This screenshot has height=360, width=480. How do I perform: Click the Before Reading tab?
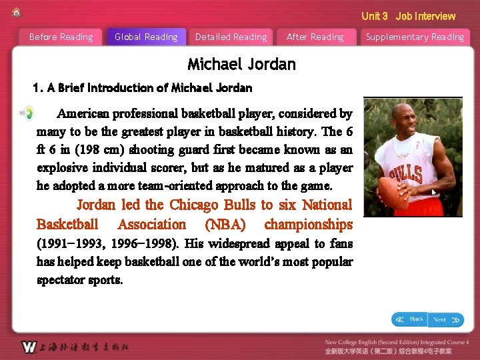coord(61,37)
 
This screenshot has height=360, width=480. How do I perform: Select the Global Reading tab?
coord(146,37)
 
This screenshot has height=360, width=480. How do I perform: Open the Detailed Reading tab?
coord(231,37)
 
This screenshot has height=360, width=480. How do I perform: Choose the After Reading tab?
coord(315,37)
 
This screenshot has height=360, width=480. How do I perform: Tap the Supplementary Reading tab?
coord(415,37)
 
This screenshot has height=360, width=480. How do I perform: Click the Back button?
coord(409,320)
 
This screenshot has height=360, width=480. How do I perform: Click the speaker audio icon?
coord(25,113)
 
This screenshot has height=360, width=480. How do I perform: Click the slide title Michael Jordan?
coord(241,65)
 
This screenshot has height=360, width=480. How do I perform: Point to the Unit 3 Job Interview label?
coord(408,16)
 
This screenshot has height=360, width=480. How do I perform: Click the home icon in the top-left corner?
coord(16,12)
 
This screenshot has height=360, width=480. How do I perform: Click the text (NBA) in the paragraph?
coord(225,225)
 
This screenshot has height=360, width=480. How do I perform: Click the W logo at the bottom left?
coord(28,347)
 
